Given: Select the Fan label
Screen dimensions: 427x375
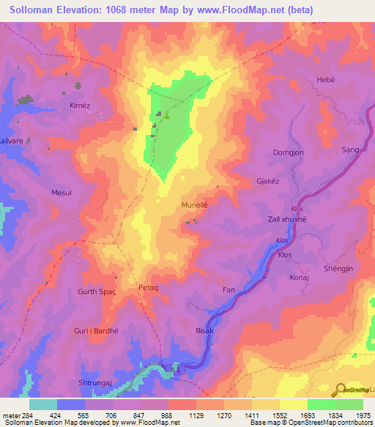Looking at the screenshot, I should (x=229, y=291).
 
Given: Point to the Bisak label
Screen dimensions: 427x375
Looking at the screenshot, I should (x=204, y=331).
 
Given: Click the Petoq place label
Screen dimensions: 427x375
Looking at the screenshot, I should (x=149, y=289).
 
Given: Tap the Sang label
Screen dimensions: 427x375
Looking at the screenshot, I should (x=350, y=150).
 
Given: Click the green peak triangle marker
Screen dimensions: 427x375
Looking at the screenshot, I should (x=166, y=115).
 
